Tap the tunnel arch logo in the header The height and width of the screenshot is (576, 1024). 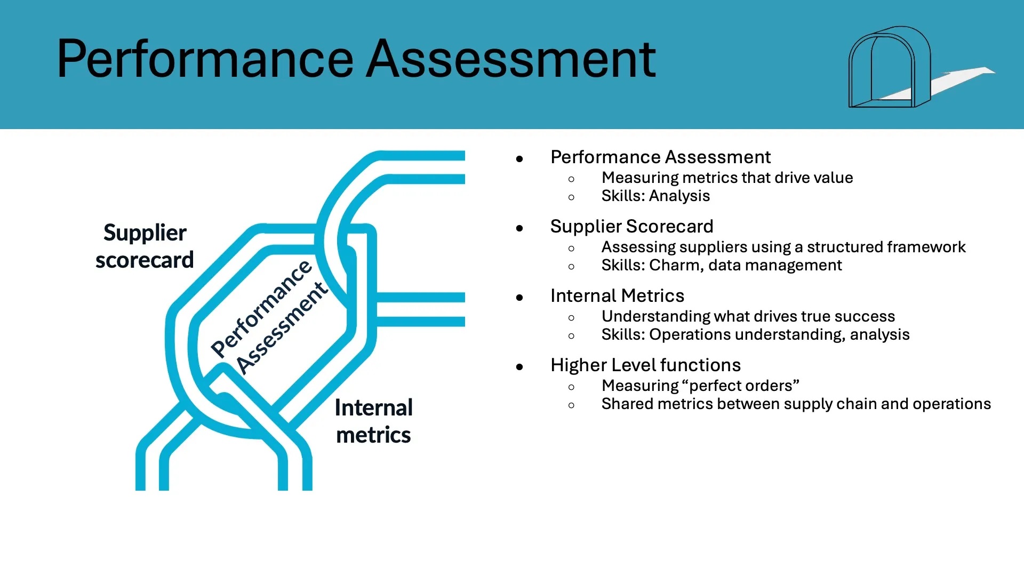click(888, 67)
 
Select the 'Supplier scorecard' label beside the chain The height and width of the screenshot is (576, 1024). click(145, 246)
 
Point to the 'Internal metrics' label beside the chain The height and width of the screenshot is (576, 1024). click(373, 421)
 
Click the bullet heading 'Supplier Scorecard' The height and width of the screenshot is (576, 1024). click(631, 226)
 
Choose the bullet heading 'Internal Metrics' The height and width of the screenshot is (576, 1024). click(617, 295)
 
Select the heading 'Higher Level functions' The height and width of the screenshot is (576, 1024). click(645, 365)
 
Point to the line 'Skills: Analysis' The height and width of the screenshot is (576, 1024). click(655, 196)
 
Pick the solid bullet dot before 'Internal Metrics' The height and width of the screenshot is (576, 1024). click(519, 298)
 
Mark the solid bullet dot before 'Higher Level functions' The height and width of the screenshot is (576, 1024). click(519, 367)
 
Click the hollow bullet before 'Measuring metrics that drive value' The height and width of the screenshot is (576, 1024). click(572, 179)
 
